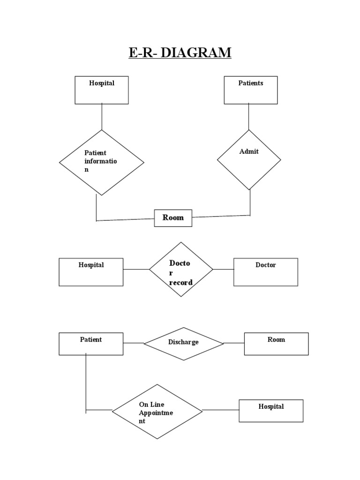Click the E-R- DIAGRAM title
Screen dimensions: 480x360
[x=180, y=52]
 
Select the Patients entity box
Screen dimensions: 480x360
[x=250, y=90]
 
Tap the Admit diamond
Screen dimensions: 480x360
[x=249, y=160]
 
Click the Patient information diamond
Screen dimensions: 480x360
[x=101, y=162]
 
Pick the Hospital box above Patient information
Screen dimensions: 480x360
[x=102, y=90]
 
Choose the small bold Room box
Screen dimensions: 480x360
[x=173, y=218]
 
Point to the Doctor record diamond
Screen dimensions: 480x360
[x=181, y=270]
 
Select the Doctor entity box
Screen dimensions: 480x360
[x=265, y=272]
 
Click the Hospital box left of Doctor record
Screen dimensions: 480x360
[x=91, y=272]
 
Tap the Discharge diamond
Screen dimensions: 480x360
[x=183, y=344]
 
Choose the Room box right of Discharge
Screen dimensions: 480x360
[x=276, y=344]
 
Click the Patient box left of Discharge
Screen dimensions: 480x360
[x=91, y=344]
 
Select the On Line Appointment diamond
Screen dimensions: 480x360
[x=157, y=412]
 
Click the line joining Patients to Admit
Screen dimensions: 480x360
[x=249, y=117]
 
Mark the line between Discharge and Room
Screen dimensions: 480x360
[x=234, y=343]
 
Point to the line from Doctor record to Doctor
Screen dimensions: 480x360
[x=223, y=270]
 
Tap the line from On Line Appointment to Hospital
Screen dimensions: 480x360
[x=220, y=411]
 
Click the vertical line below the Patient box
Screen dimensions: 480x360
[x=86, y=382]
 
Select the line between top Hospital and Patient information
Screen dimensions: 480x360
[x=102, y=117]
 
